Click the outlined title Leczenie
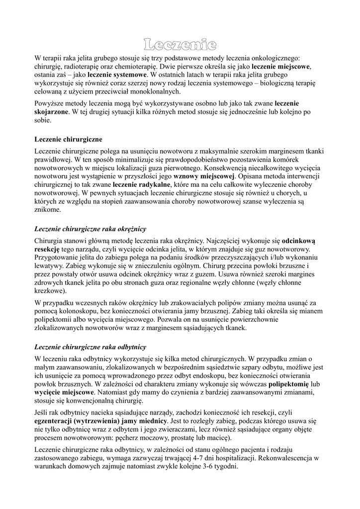[180, 46]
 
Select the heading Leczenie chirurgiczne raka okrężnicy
[90, 229]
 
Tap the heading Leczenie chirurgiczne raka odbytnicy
[90, 346]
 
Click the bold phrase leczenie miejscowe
[281, 66]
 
